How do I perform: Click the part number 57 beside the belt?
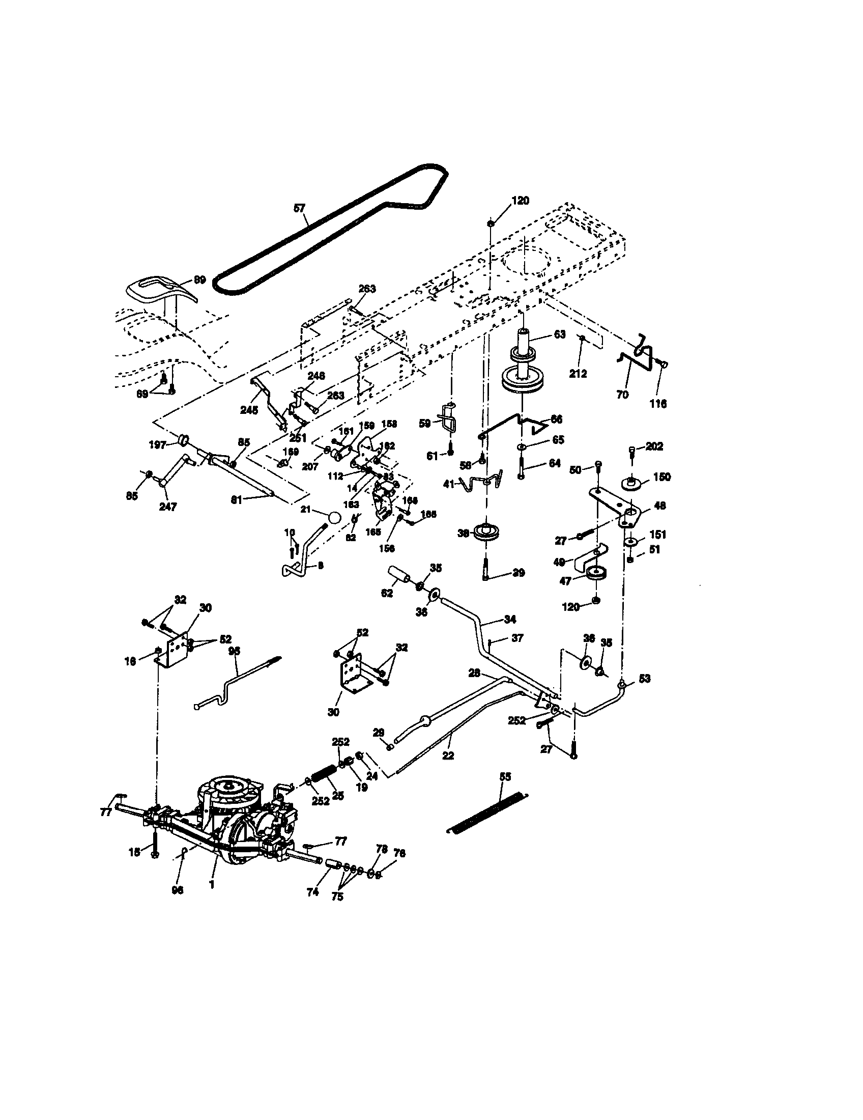(299, 208)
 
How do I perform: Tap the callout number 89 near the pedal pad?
(199, 279)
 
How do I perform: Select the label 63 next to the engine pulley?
(560, 334)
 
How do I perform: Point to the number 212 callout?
(578, 374)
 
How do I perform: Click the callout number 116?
(658, 404)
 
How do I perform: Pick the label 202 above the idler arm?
(654, 446)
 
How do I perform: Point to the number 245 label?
(249, 410)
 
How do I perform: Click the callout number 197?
(157, 444)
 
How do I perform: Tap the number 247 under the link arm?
(168, 507)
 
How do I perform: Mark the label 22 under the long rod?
(448, 755)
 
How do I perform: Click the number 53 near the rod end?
(644, 679)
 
